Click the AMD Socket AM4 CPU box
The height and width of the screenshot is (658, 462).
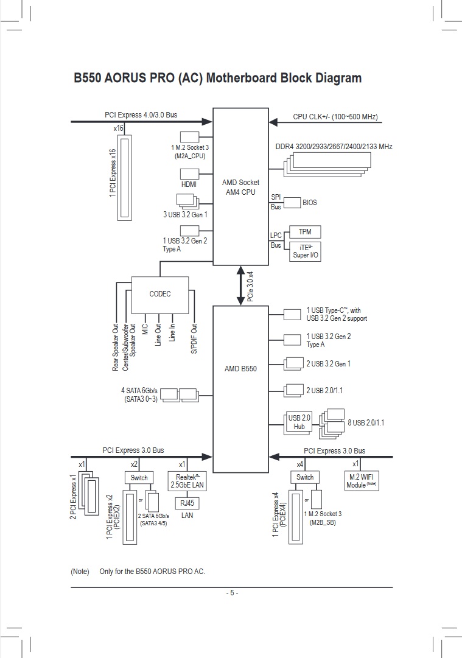240,187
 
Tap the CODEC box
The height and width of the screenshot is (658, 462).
160,293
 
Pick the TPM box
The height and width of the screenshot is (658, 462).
305,232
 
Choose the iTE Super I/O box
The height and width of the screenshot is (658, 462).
305,251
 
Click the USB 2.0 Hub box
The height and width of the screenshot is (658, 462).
299,422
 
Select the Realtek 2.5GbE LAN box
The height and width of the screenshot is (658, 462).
187,481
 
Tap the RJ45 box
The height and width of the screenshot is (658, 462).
187,503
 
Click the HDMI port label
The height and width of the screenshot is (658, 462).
189,184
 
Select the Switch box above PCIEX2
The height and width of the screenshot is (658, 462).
139,477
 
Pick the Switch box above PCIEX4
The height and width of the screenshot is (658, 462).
305,477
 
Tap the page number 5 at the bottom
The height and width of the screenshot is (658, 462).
231,593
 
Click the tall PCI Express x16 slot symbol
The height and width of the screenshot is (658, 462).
126,178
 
